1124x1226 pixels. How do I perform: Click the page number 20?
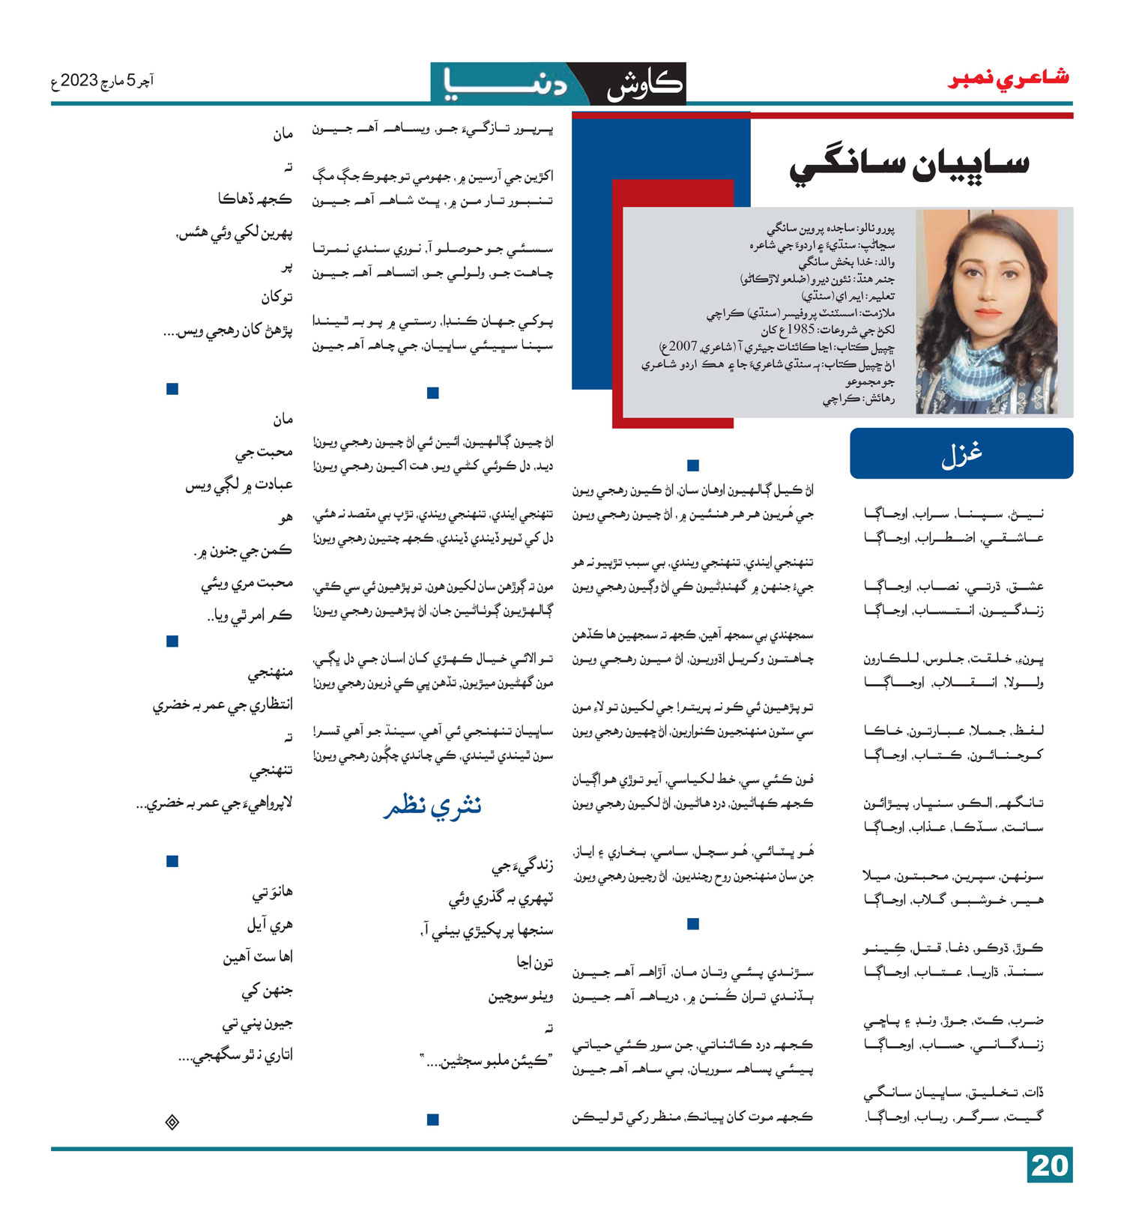pyautogui.click(x=1049, y=1166)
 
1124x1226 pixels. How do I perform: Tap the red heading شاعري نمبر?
pyautogui.click(x=1008, y=79)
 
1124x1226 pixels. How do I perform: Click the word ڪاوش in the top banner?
pyautogui.click(x=644, y=85)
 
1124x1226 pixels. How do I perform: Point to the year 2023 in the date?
pyautogui.click(x=79, y=80)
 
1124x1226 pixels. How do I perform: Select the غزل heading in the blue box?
pyautogui.click(x=961, y=454)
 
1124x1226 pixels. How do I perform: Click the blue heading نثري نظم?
pyautogui.click(x=432, y=806)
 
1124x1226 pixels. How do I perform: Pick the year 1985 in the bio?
pyautogui.click(x=799, y=330)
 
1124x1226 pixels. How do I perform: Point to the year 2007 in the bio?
pyautogui.click(x=683, y=347)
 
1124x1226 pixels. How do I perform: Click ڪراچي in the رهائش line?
pyautogui.click(x=841, y=399)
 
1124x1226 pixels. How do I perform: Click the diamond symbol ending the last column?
pyautogui.click(x=172, y=1122)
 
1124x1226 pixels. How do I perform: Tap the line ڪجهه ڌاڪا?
pyautogui.click(x=255, y=199)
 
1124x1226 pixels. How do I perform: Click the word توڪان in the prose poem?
pyautogui.click(x=277, y=298)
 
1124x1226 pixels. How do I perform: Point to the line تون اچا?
pyautogui.click(x=534, y=962)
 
